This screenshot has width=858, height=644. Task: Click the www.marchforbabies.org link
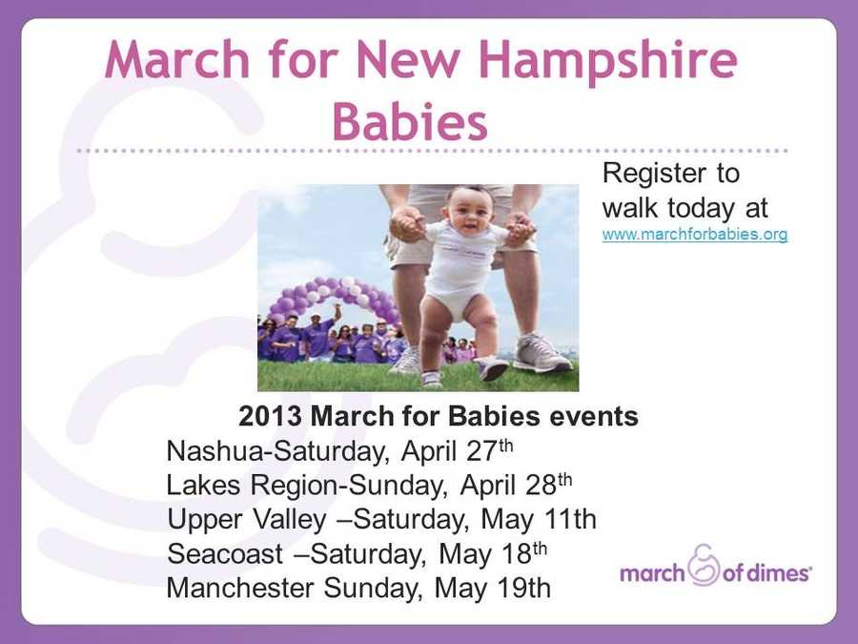click(x=695, y=234)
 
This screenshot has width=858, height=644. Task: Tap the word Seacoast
click(x=225, y=554)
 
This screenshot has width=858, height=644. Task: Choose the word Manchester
click(x=241, y=588)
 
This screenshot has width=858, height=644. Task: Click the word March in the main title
click(x=176, y=61)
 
